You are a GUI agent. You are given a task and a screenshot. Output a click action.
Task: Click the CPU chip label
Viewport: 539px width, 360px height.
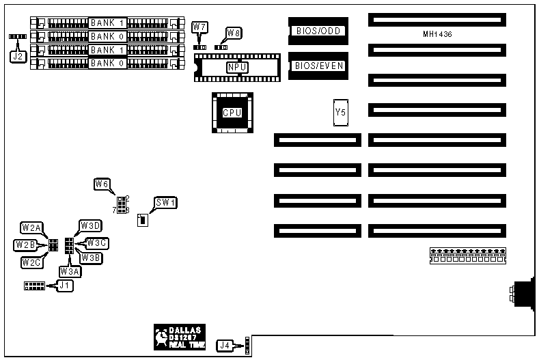232,112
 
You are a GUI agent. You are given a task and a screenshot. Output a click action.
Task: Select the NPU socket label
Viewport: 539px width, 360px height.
237,67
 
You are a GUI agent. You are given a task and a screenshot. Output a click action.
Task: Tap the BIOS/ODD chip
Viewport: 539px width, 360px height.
318,31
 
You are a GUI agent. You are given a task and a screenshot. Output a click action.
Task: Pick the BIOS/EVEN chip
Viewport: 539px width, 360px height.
318,66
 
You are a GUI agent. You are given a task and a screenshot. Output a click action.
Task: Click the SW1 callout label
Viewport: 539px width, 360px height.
165,202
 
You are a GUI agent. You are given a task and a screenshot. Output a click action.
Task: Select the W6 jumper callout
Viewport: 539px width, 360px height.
102,184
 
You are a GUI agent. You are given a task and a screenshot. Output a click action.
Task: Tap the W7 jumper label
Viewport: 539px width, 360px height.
199,27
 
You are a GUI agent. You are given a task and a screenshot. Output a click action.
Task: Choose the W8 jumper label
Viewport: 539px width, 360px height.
234,32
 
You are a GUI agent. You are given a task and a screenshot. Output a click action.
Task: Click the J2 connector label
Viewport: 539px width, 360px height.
18,57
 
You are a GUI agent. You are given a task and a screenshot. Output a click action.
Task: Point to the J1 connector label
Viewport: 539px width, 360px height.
64,286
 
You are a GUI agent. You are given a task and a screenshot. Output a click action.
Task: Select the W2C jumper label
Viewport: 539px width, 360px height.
30,262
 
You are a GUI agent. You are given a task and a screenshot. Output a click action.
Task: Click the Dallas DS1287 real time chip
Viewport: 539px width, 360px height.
180,335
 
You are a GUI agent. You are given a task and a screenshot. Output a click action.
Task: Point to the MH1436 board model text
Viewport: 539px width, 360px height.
437,34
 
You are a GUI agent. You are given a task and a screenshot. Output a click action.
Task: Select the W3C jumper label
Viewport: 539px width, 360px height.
98,243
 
